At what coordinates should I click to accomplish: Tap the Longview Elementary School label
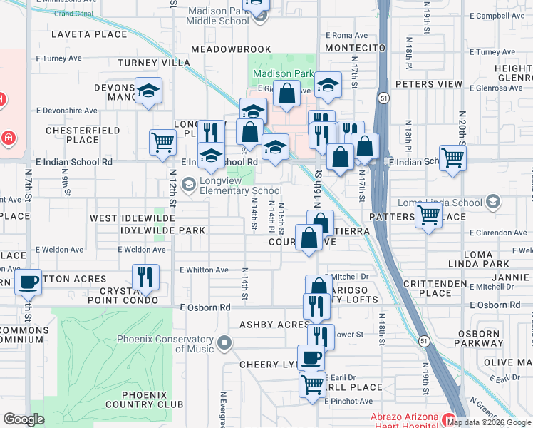[231, 185]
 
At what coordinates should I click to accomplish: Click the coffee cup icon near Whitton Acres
[29, 282]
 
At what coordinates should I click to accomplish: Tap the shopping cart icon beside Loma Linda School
[428, 213]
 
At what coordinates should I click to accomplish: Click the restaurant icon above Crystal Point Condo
[145, 276]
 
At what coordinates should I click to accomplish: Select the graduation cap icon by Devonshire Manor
[149, 91]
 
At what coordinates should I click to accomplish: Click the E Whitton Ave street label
[204, 270]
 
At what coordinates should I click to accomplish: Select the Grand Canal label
[72, 14]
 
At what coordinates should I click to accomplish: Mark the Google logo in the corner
[24, 419]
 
